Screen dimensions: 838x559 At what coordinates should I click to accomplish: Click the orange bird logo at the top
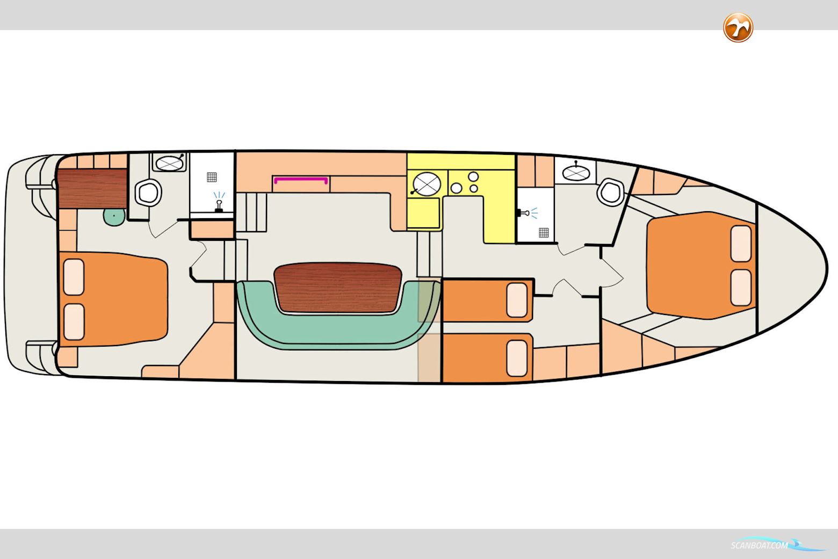coord(738,27)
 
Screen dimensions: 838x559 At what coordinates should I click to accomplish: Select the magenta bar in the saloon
coord(301,180)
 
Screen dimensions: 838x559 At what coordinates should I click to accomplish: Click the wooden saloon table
coord(338,287)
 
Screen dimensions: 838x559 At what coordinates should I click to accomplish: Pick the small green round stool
coord(114,216)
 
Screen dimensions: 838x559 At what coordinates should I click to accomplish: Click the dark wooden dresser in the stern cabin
coord(92,188)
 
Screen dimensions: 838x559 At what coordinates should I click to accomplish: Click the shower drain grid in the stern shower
coord(212,177)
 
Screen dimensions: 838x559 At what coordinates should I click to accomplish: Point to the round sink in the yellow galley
coord(427,184)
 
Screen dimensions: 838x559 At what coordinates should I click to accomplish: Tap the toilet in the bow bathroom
coord(610,190)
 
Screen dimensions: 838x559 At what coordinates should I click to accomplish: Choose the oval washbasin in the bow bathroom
coord(576,172)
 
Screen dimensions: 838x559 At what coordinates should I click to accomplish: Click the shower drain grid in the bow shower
coord(544,232)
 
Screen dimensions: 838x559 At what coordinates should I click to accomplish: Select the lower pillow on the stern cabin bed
coord(74,321)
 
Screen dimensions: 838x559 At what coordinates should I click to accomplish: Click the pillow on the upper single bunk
coord(517,300)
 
